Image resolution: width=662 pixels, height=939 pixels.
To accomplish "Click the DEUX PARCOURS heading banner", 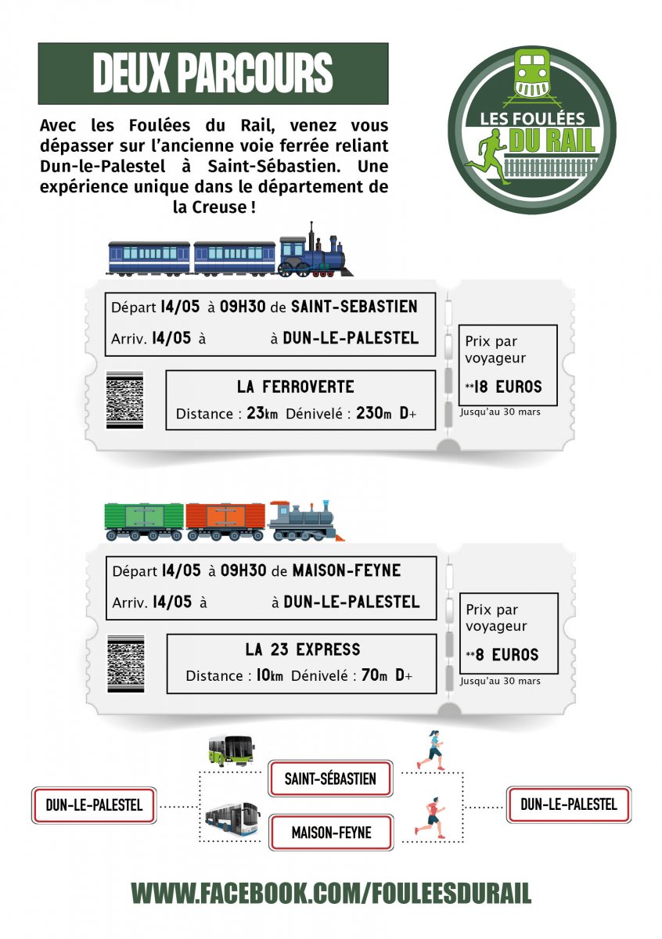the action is (x=213, y=74).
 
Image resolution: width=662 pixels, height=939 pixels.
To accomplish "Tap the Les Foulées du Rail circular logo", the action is (x=532, y=130).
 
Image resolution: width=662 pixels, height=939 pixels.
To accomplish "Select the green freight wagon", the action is (x=144, y=521).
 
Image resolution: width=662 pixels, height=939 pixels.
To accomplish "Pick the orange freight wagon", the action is (x=225, y=521).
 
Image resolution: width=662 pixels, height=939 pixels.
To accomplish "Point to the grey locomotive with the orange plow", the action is (x=306, y=520).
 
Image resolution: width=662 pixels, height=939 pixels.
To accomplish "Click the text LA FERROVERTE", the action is (x=296, y=387).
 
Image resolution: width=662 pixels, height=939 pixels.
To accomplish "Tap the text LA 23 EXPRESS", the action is (x=303, y=649).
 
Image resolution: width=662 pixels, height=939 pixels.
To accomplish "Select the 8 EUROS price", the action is (x=506, y=654).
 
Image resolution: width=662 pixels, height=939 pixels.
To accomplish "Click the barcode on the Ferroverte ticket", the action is (x=124, y=400).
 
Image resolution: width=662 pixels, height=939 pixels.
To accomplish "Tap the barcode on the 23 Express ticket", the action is (x=126, y=664).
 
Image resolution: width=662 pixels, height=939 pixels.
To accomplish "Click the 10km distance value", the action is (x=270, y=675).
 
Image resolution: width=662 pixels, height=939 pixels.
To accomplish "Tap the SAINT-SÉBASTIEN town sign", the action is (x=330, y=779).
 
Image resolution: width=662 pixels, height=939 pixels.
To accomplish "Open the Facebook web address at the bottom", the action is (x=331, y=893).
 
